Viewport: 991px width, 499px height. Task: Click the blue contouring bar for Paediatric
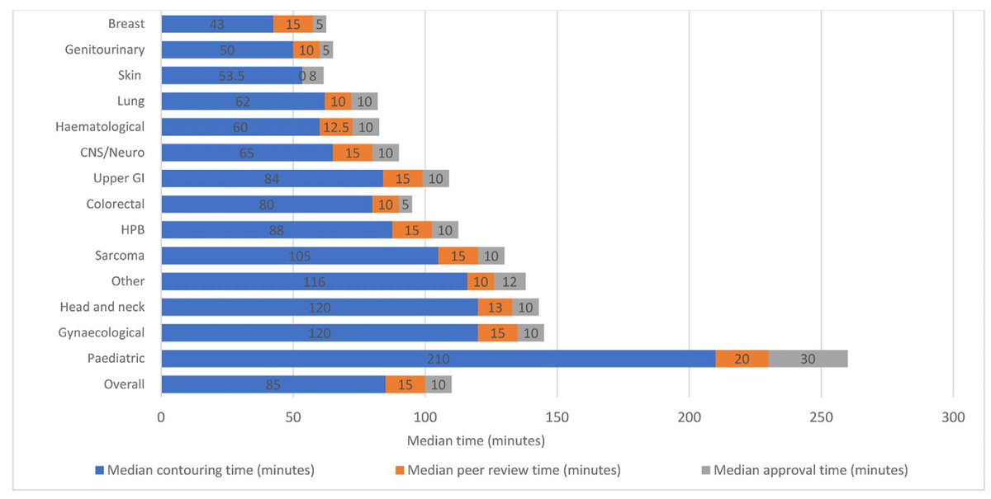click(x=438, y=359)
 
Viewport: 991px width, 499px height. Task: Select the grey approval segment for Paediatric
click(x=808, y=359)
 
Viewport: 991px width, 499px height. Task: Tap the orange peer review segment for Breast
click(x=292, y=24)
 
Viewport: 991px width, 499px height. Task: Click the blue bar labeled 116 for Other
click(x=314, y=282)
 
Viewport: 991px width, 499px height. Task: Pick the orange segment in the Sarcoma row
click(x=458, y=257)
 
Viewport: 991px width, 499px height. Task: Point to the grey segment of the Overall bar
click(x=438, y=384)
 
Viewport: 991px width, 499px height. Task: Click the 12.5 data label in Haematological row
click(x=335, y=127)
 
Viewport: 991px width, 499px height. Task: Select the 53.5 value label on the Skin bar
click(x=231, y=76)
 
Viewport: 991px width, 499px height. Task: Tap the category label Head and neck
click(x=102, y=307)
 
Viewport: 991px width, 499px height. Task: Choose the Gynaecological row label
click(x=102, y=332)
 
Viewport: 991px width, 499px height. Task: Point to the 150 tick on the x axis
click(x=557, y=417)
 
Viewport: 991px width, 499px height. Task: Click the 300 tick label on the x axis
click(x=953, y=417)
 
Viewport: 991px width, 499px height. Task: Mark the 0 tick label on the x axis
click(x=161, y=417)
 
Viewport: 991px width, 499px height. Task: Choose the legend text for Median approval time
click(x=810, y=470)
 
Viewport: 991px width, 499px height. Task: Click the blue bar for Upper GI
click(x=272, y=179)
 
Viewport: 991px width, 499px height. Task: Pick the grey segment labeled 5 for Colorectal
click(x=405, y=205)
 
